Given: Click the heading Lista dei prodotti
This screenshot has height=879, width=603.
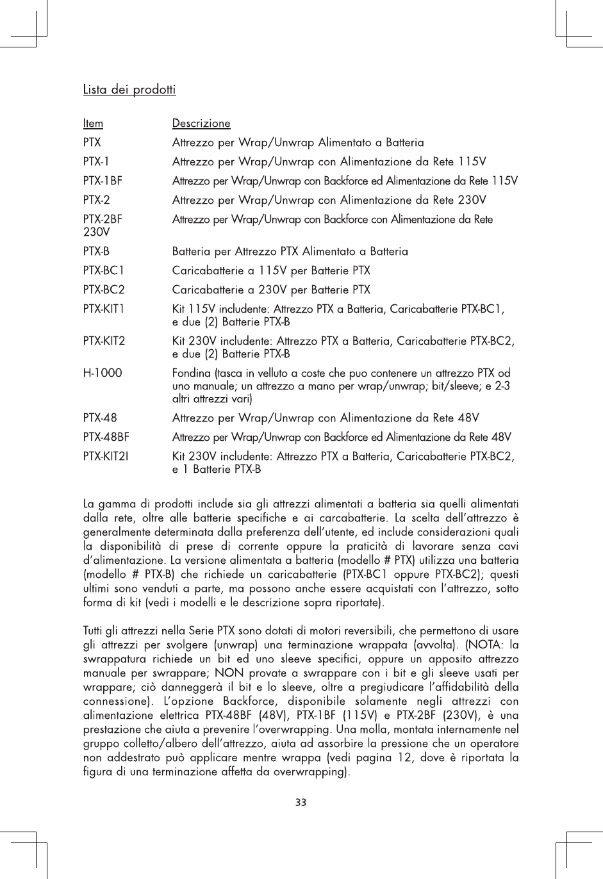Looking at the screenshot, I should pyautogui.click(x=129, y=90).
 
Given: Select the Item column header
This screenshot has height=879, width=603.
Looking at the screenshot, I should pyautogui.click(x=93, y=123).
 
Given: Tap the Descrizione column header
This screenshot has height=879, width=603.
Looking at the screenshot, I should pyautogui.click(x=201, y=123).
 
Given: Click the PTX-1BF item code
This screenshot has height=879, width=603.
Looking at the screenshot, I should pyautogui.click(x=103, y=181).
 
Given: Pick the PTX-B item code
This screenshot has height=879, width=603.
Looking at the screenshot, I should pyautogui.click(x=96, y=251).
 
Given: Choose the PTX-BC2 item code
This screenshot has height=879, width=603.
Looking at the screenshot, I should pyautogui.click(x=104, y=290).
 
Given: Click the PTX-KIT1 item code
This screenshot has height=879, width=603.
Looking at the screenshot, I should pyautogui.click(x=104, y=309).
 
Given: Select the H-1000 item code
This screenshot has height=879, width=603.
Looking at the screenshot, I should pyautogui.click(x=103, y=373).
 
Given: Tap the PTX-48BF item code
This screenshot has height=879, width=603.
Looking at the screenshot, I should pyautogui.click(x=106, y=437).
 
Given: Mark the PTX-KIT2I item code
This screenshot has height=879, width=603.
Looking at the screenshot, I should pyautogui.click(x=106, y=456).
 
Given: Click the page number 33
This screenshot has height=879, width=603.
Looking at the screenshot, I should pyautogui.click(x=301, y=801).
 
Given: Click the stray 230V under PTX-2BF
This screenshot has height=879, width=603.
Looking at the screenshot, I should pyautogui.click(x=96, y=231).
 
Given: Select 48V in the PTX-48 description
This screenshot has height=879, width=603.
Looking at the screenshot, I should pyautogui.click(x=466, y=418).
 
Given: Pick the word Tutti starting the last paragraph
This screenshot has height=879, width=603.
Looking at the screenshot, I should pyautogui.click(x=94, y=630).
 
